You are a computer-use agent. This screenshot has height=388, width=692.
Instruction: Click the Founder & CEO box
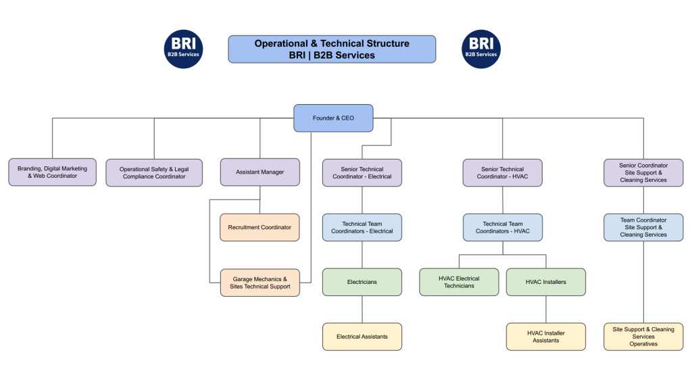[333, 118]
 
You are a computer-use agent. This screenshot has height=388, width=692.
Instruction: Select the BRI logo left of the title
[184, 49]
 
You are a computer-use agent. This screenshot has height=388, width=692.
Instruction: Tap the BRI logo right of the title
[481, 49]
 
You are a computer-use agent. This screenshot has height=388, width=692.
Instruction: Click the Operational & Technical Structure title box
[332, 49]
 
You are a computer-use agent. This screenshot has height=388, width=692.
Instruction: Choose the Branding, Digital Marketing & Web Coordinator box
[52, 172]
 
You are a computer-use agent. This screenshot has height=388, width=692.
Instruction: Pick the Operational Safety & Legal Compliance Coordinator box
[154, 172]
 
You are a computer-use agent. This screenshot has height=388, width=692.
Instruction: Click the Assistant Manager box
[260, 172]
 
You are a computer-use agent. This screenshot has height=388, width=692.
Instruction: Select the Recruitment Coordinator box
[260, 227]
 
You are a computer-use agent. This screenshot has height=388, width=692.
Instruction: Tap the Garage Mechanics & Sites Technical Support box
[260, 283]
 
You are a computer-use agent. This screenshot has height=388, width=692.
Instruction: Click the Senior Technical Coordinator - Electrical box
[362, 172]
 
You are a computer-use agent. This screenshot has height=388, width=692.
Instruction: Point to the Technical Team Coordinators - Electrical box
[362, 227]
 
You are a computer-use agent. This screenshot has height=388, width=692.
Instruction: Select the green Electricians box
[362, 282]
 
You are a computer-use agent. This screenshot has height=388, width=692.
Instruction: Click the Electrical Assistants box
[362, 337]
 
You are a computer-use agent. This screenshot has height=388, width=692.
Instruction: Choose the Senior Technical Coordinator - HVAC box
[502, 172]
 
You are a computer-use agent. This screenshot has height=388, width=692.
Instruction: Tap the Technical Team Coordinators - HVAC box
[502, 227]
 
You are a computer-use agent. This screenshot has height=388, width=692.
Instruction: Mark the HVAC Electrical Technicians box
[460, 282]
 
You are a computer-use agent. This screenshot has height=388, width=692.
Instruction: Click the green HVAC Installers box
[546, 282]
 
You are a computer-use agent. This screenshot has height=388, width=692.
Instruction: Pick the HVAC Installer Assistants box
[546, 337]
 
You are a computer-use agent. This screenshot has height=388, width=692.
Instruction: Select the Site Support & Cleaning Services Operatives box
[643, 337]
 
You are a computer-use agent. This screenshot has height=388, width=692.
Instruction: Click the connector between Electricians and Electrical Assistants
[362, 310]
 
